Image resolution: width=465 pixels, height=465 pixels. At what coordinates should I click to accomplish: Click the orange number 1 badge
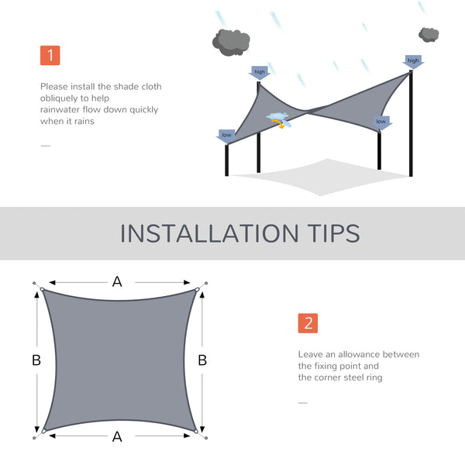50,55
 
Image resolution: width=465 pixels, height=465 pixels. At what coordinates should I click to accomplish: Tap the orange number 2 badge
308,323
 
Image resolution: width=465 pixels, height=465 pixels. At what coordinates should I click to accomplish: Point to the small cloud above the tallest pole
429,34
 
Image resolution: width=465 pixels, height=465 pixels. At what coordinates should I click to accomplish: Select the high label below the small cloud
413,60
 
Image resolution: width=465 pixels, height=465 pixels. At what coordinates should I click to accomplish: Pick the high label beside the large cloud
260,72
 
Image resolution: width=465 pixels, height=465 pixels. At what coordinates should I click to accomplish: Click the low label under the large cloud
226,136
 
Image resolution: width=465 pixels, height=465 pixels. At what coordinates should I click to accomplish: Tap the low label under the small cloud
381,122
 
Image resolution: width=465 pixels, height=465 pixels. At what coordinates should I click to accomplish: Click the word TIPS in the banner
331,233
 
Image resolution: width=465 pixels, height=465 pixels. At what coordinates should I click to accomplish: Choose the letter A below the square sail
117,437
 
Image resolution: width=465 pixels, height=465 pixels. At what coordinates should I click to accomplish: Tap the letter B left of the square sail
36,360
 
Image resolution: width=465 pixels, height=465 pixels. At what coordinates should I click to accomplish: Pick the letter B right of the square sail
202,360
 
